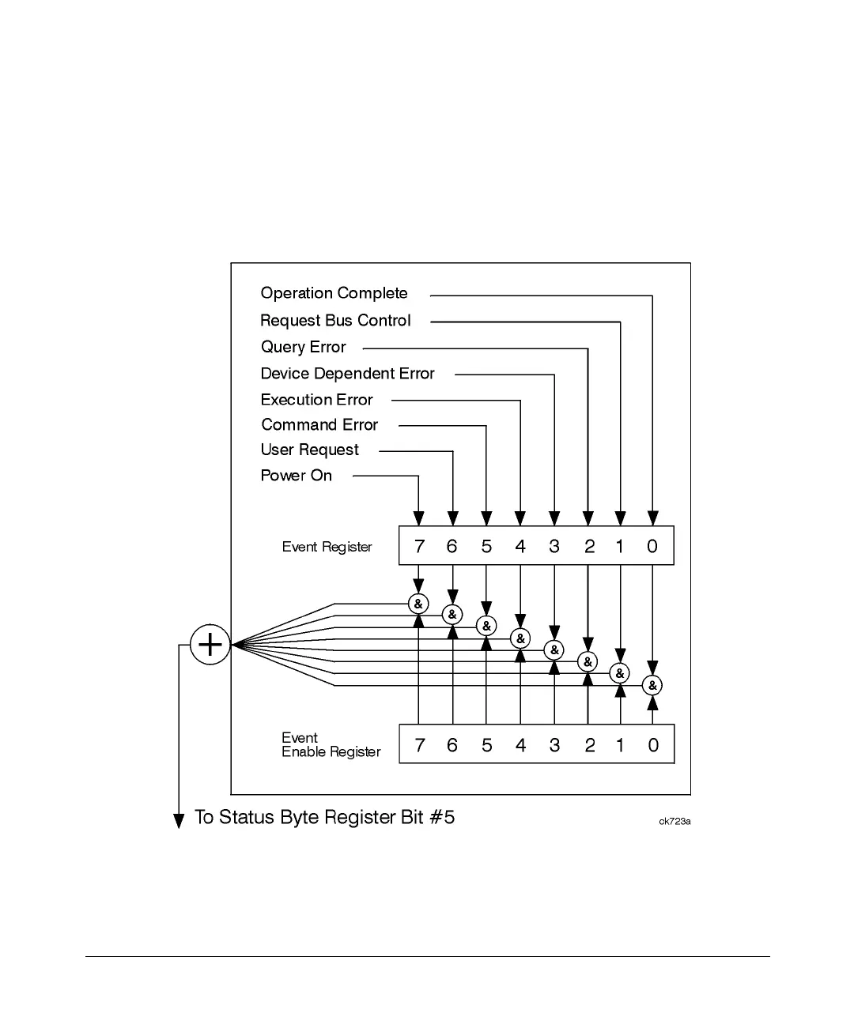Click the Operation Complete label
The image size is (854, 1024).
click(334, 294)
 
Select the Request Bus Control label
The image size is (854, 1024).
click(335, 321)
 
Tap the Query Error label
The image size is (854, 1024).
click(304, 348)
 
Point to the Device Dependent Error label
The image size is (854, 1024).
click(347, 374)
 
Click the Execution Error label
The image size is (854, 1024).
click(316, 400)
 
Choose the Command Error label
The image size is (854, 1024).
click(319, 425)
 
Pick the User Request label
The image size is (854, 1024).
click(309, 450)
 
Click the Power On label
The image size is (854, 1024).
click(296, 476)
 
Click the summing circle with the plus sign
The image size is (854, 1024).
click(210, 645)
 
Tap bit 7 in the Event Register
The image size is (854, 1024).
click(419, 547)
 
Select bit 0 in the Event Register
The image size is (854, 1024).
click(652, 547)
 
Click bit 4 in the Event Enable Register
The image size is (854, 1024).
click(520, 745)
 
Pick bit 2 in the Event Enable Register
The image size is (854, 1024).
click(589, 745)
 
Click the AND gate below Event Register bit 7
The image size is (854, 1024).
click(418, 604)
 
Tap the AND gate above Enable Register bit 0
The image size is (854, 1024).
click(652, 686)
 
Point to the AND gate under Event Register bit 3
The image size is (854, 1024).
click(554, 650)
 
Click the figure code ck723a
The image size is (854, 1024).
click(675, 822)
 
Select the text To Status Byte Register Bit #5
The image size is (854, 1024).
click(324, 818)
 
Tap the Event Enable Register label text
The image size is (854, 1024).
click(331, 745)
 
